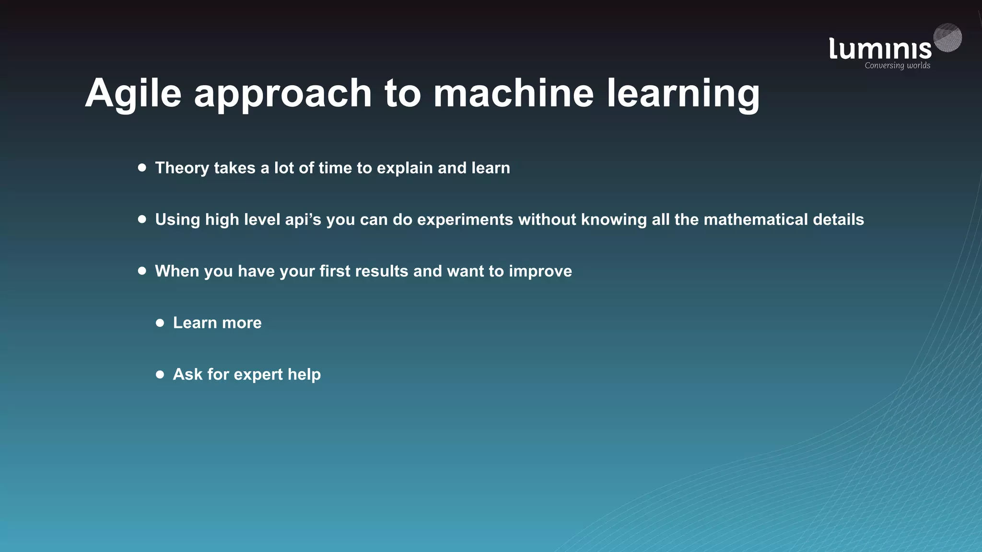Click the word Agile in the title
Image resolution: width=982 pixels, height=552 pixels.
click(133, 94)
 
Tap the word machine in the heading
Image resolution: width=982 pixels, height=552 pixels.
click(514, 93)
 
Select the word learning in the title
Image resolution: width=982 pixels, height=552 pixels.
click(683, 94)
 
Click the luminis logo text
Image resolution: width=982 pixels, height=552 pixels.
click(880, 49)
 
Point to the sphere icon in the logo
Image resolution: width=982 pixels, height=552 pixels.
click(947, 37)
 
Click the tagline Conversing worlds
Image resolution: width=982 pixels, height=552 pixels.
click(897, 66)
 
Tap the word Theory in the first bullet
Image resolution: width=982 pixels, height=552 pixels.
click(182, 168)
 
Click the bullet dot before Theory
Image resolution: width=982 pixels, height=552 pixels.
click(142, 167)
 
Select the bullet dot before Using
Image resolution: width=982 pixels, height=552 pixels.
click(142, 219)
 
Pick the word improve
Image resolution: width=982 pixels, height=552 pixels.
click(540, 272)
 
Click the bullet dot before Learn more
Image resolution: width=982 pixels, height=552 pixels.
click(160, 322)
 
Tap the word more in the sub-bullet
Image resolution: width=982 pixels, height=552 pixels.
click(242, 323)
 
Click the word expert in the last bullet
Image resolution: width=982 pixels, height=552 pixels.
click(258, 375)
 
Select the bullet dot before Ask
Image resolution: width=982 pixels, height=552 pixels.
click(160, 374)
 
